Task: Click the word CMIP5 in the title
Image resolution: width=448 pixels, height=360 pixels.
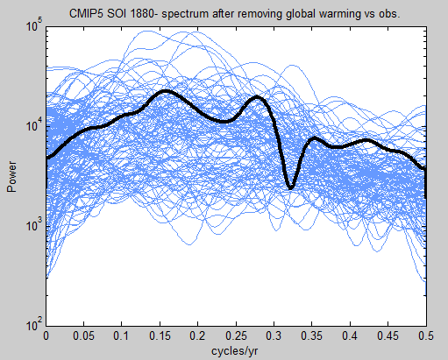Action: tap(86, 13)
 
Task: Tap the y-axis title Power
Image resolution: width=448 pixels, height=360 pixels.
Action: tap(11, 177)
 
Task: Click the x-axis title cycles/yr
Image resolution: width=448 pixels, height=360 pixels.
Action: tap(235, 351)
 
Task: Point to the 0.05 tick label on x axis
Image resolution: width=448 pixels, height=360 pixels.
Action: tap(84, 336)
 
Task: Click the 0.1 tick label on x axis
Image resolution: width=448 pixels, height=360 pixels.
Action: tap(121, 336)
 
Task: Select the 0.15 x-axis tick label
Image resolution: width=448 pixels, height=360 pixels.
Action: tap(160, 336)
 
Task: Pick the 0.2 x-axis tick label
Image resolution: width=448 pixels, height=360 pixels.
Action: tap(197, 336)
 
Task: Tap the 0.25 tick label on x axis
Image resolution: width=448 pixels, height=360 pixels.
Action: tap(236, 336)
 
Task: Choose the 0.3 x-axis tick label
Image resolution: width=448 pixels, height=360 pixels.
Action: tap(274, 336)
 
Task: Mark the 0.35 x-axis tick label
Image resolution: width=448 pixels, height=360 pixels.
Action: tap(312, 336)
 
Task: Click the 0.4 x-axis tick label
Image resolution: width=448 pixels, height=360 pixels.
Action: tap(350, 336)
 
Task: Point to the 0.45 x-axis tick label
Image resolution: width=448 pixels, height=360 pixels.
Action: tap(388, 336)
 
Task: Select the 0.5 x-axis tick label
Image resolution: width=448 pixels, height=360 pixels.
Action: tap(426, 336)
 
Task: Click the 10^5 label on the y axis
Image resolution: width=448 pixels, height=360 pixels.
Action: tap(34, 25)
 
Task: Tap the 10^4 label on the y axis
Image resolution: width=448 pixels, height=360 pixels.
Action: tap(34, 125)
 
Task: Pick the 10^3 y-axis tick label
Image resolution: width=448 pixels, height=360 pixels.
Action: tap(34, 225)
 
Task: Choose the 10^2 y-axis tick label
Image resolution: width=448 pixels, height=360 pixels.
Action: tap(34, 324)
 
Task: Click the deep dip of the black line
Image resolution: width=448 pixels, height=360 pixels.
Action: tap(291, 187)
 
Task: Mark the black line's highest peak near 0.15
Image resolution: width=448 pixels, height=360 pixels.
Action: tap(165, 91)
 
